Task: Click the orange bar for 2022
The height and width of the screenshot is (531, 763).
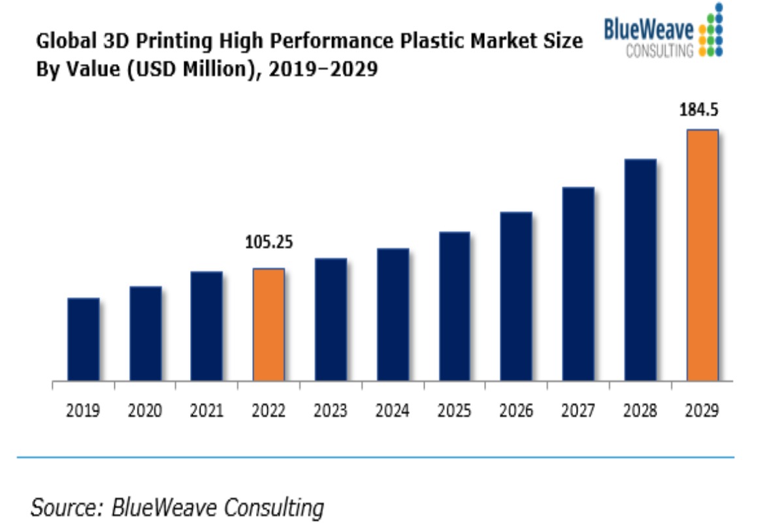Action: click(268, 325)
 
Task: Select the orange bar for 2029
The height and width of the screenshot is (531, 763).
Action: click(702, 255)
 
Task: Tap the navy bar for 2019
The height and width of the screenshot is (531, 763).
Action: click(84, 339)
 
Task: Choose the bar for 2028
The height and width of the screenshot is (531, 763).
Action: click(640, 269)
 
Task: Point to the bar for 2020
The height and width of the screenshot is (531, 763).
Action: click(145, 333)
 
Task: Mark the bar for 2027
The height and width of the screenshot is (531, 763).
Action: click(578, 283)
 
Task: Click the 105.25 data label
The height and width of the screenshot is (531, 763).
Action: click(268, 243)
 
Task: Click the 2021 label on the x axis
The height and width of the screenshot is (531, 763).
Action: click(206, 411)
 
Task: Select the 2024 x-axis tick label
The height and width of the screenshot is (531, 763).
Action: click(392, 411)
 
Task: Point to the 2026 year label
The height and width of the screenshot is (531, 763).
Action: click(516, 411)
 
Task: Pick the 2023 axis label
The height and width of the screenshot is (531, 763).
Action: click(331, 411)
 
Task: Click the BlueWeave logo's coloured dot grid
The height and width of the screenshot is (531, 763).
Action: click(711, 29)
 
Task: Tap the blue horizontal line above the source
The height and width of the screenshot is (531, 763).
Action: click(375, 457)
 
